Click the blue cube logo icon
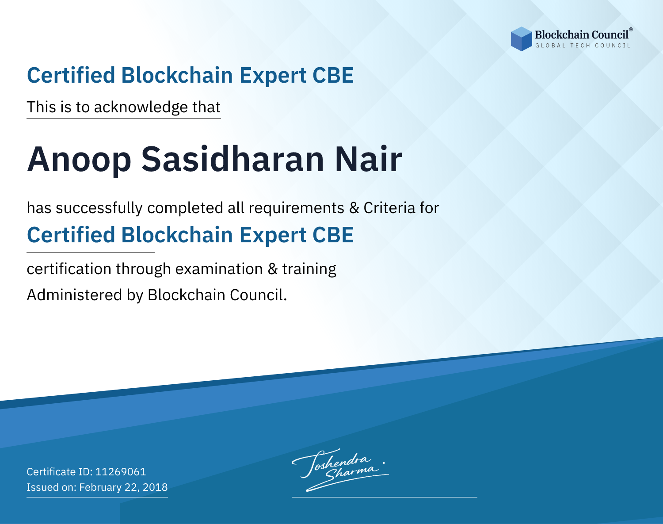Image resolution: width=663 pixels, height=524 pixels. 521,39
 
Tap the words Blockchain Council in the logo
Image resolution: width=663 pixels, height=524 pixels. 582,35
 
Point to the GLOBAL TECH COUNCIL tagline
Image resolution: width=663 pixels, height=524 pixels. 583,46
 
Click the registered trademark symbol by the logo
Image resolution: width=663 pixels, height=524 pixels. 631,29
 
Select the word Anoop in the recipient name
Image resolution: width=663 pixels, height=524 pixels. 79,160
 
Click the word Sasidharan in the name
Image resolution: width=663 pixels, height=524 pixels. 232,159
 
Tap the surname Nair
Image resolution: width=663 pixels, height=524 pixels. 369,159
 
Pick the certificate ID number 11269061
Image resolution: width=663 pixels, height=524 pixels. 121,471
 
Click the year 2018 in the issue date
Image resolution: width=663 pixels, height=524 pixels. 155,487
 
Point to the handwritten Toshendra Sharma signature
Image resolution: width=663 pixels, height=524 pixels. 340,470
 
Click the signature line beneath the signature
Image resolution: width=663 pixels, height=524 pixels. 385,497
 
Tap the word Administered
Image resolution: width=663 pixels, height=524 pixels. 75,295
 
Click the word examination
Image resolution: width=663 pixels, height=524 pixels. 219,269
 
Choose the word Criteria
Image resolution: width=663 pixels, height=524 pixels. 389,208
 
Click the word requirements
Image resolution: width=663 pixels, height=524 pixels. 297,208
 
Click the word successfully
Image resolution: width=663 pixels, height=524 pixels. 99,208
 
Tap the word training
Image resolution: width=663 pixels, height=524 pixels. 309,269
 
